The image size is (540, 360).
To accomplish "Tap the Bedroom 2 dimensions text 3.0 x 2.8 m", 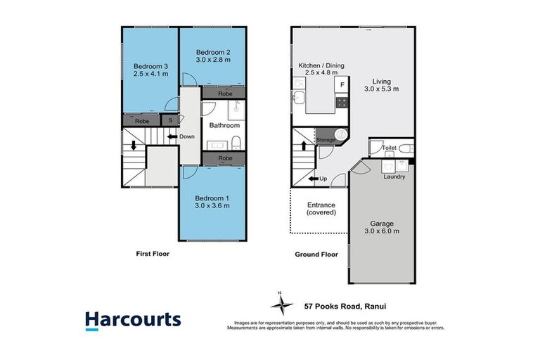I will click(214, 60).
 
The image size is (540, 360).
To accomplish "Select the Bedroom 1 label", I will click(214, 199).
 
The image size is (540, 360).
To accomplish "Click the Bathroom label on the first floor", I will click(224, 126).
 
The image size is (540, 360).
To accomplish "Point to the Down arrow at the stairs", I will click(172, 136).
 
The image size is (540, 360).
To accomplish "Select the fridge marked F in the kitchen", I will click(342, 85).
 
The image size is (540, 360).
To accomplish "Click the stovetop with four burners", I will click(342, 101).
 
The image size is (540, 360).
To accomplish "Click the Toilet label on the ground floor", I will click(390, 149).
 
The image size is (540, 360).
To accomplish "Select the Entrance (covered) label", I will click(321, 209).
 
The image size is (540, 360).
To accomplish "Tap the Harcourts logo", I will click(133, 321).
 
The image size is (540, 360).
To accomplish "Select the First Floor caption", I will click(152, 254).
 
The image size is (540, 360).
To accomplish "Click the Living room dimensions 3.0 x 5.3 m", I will click(381, 89).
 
